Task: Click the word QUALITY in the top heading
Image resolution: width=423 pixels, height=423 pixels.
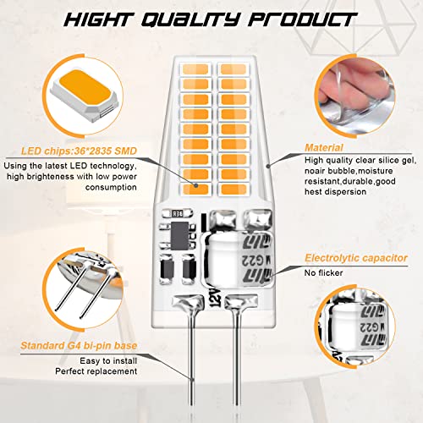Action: pyautogui.click(x=190, y=19)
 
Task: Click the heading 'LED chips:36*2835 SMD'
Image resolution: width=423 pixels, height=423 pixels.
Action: pyautogui.click(x=79, y=151)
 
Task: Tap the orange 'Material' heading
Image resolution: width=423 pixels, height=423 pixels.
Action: pyautogui.click(x=324, y=147)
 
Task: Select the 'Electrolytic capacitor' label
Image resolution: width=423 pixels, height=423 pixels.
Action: pyautogui.click(x=356, y=258)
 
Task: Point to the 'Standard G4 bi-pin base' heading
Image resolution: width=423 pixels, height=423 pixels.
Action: pyautogui.click(x=79, y=345)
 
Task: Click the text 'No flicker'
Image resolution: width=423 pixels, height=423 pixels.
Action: pyautogui.click(x=323, y=272)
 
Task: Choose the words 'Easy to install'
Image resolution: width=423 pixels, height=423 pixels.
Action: pyautogui.click(x=108, y=360)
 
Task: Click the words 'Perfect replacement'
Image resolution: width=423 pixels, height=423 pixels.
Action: pyautogui.click(x=96, y=371)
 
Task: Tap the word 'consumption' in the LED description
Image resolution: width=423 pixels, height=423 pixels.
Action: pyautogui.click(x=111, y=187)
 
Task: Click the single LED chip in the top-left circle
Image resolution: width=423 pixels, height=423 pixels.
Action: pyautogui.click(x=85, y=95)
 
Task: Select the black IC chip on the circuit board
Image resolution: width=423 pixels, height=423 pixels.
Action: pyautogui.click(x=179, y=236)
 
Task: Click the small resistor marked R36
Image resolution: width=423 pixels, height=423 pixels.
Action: pyautogui.click(x=178, y=213)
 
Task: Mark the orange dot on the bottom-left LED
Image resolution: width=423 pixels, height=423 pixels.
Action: pyautogui.click(x=196, y=185)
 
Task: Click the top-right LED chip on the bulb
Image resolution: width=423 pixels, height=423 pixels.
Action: pyautogui.click(x=233, y=69)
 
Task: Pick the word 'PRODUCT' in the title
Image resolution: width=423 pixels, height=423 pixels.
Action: pyautogui.click(x=303, y=19)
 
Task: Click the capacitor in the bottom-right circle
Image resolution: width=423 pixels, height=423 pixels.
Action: pyautogui.click(x=358, y=327)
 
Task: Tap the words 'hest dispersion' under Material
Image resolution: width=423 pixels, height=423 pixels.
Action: pyautogui.click(x=335, y=192)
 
